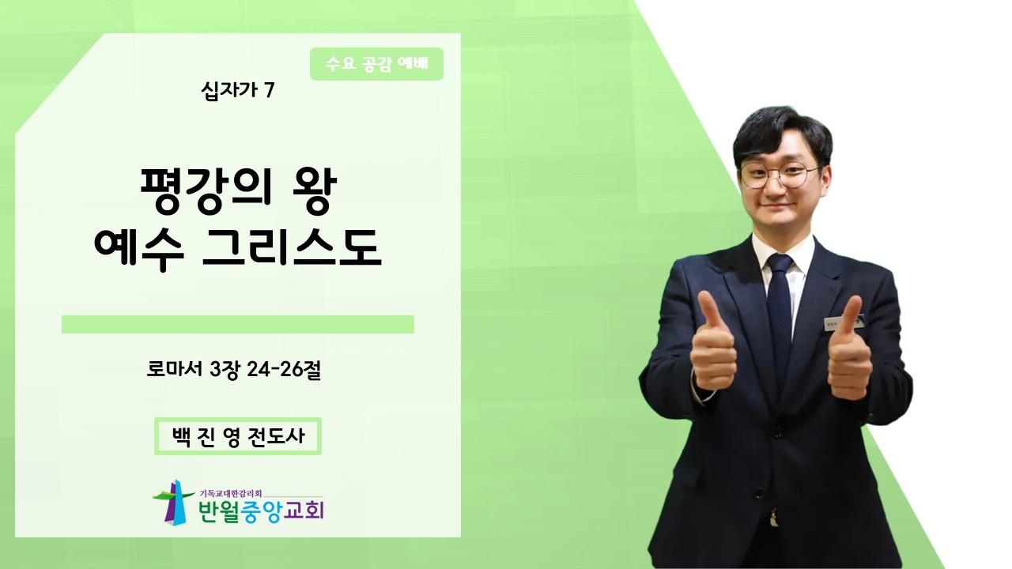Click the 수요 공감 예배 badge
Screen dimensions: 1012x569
tap(376, 64)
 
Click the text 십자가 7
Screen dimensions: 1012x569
tap(238, 91)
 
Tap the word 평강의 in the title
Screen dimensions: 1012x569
tap(206, 192)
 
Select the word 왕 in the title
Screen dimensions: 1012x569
tap(315, 192)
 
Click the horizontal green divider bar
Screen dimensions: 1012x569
tap(238, 324)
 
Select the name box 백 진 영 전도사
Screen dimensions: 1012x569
tap(238, 436)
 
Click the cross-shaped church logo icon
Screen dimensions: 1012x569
tap(174, 503)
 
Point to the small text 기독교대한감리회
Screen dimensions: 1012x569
tap(230, 494)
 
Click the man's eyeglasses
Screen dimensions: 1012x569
tap(780, 175)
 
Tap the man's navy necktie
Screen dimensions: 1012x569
tap(780, 316)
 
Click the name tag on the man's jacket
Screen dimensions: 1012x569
tap(843, 322)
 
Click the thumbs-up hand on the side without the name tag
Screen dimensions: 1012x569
tap(714, 342)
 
